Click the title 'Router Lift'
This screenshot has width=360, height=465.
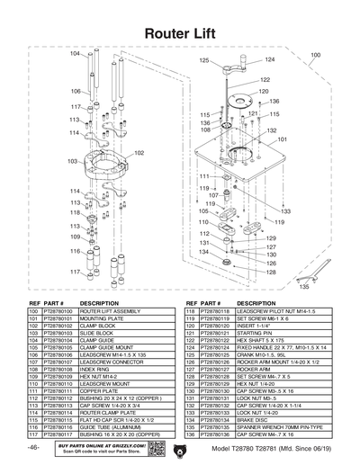180,32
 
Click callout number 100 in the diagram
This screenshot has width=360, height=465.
314,55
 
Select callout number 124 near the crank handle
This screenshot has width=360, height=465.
269,59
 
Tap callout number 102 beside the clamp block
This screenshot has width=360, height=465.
139,153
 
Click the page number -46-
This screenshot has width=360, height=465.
34,447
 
